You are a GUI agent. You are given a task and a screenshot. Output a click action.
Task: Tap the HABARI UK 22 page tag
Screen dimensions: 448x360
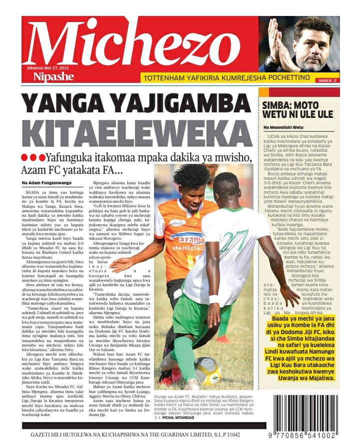coord(328,80)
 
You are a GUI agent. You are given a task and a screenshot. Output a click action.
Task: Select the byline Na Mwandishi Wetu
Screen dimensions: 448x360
coord(282,128)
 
